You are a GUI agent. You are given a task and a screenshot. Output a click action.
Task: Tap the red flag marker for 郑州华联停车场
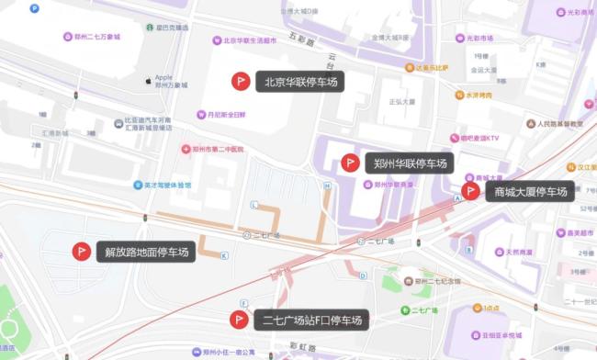pos(350,163)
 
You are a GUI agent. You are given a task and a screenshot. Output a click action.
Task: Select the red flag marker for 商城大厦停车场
pos(470,191)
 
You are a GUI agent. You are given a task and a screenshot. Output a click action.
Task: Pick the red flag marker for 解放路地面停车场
pos(81,251)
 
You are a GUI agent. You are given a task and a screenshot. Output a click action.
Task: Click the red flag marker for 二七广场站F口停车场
pos(239,320)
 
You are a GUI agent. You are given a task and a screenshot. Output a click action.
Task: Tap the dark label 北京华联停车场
pos(300,81)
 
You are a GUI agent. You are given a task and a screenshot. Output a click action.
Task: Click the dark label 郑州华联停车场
pos(410,163)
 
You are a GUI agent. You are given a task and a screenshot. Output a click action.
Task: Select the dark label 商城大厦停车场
pos(531,191)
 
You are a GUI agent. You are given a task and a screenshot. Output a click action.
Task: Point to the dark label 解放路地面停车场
pos(147,251)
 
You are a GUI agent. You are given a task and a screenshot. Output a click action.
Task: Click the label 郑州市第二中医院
pos(218,149)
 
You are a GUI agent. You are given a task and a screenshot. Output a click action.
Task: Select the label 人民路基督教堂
pos(559,123)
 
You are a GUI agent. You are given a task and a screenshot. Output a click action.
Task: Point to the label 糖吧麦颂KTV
pos(479,139)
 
